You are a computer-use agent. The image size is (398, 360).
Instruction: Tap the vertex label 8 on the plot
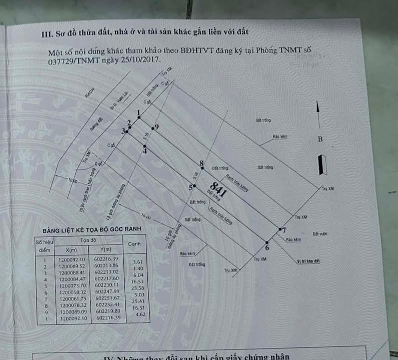click(x=201, y=163)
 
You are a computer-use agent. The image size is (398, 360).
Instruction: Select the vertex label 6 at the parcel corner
click(x=267, y=247)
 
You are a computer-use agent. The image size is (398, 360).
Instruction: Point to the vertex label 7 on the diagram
click(x=284, y=230)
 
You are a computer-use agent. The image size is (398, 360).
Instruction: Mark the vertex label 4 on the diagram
click(x=145, y=151)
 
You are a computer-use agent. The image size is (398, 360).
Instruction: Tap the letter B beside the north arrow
click(x=320, y=139)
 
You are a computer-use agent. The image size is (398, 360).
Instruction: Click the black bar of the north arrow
click(x=323, y=165)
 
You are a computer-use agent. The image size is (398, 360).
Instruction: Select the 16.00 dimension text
click(x=145, y=216)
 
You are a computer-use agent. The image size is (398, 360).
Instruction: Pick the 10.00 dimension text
click(x=74, y=180)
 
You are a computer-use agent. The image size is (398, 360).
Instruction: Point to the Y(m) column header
click(x=105, y=249)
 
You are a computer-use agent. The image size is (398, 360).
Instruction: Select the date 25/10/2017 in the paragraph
click(x=142, y=59)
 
